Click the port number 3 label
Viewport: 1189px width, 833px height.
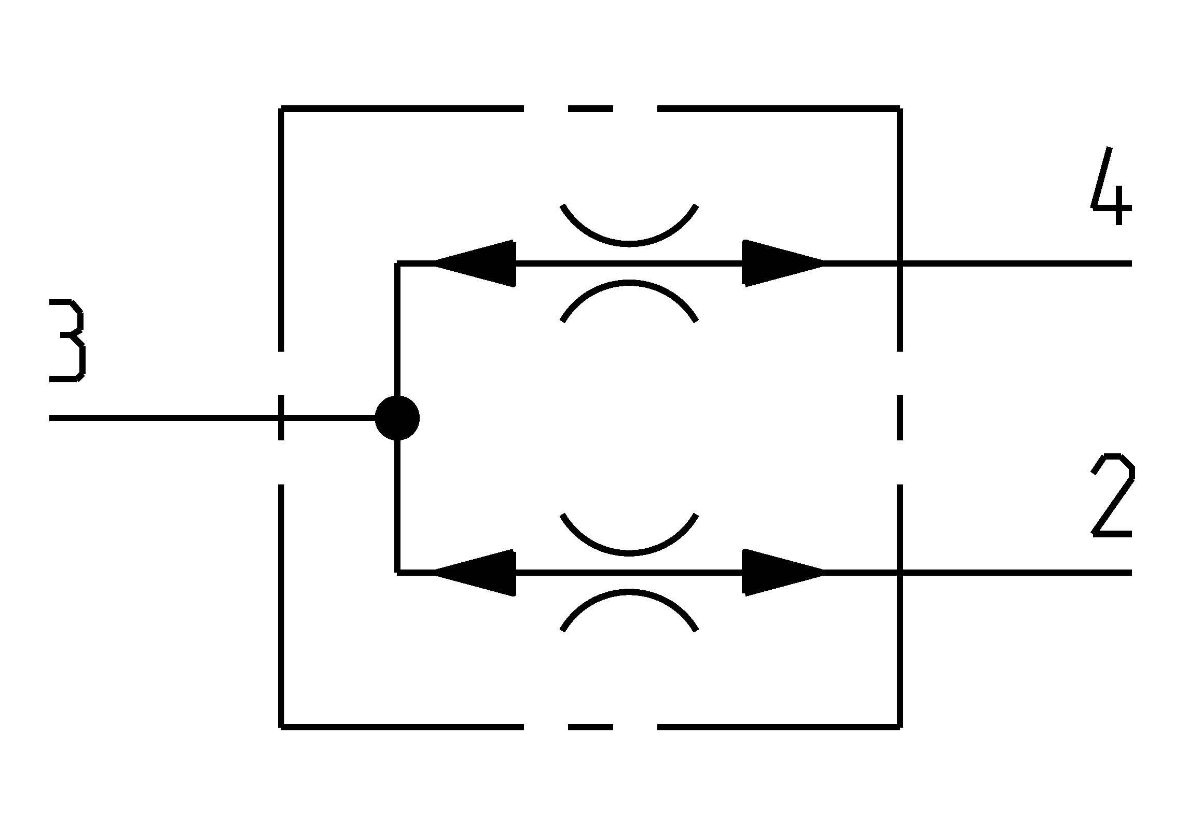pos(67,340)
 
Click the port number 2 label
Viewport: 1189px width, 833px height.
pos(1112,495)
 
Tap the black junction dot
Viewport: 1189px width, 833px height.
pos(397,418)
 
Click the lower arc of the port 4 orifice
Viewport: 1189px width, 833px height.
pos(629,290)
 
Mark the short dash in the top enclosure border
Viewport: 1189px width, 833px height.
pos(590,109)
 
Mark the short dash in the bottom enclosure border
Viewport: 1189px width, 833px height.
pos(590,727)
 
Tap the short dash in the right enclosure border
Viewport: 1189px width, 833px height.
pos(900,418)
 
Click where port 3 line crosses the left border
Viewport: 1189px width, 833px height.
pos(281,418)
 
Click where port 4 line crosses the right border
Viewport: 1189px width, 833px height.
pos(900,263)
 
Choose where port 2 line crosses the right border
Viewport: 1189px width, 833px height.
pos(900,573)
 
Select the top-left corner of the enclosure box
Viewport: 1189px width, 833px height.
pos(281,109)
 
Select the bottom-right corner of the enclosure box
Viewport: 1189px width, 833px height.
pos(900,727)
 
